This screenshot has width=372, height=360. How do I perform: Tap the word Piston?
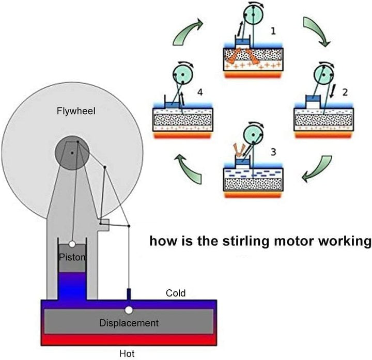72,257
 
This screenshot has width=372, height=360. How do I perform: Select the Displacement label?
129,323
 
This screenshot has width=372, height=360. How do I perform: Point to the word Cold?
176,293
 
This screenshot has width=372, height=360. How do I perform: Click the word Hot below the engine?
127,354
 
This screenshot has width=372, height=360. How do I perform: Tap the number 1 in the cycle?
273,30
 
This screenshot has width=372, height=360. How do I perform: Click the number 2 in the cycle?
345,92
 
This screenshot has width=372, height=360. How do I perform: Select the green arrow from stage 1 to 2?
314,30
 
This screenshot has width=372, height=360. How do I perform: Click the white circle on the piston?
72,243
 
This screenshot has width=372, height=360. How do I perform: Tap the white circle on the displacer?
128,310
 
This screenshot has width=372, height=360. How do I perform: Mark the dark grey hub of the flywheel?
72,152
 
